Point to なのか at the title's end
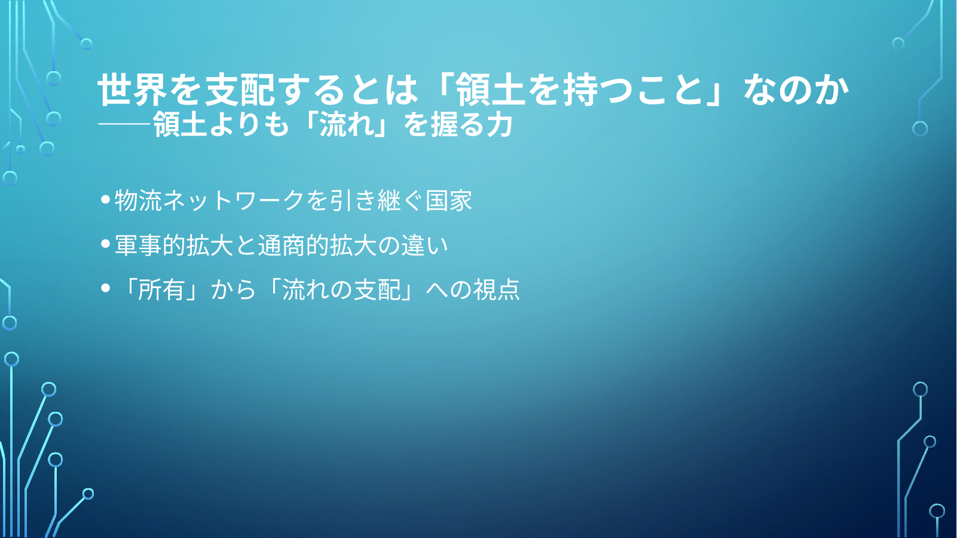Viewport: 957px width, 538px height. point(796,89)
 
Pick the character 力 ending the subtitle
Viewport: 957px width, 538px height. point(499,125)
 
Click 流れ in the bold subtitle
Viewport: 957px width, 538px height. point(346,125)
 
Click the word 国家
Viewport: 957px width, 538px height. point(448,200)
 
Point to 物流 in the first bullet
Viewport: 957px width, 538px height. point(139,200)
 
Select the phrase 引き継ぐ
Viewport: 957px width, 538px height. point(377,200)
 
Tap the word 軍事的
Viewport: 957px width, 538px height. point(151,245)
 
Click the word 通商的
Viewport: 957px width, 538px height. point(293,245)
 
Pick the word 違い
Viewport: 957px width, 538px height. point(424,245)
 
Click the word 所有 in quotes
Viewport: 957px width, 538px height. point(161,290)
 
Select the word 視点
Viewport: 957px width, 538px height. point(496,290)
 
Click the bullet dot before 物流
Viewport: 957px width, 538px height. point(106,199)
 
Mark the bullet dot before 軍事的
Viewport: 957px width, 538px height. point(106,244)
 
